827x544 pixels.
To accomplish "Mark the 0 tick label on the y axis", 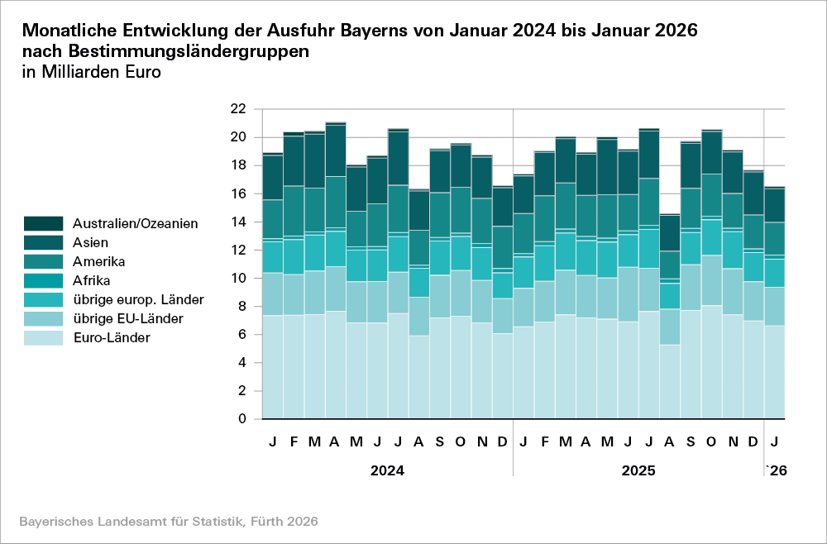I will pyautogui.click(x=241, y=419).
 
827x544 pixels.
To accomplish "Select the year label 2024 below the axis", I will pyautogui.click(x=387, y=471).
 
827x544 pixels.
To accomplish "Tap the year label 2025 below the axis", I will pyautogui.click(x=638, y=471).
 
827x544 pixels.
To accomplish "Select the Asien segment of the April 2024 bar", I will pyautogui.click(x=335, y=150).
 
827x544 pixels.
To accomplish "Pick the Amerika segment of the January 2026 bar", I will pyautogui.click(x=774, y=238).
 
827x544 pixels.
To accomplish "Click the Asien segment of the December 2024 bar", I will pyautogui.click(x=502, y=207).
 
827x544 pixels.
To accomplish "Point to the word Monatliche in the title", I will pyautogui.click(x=69, y=31).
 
